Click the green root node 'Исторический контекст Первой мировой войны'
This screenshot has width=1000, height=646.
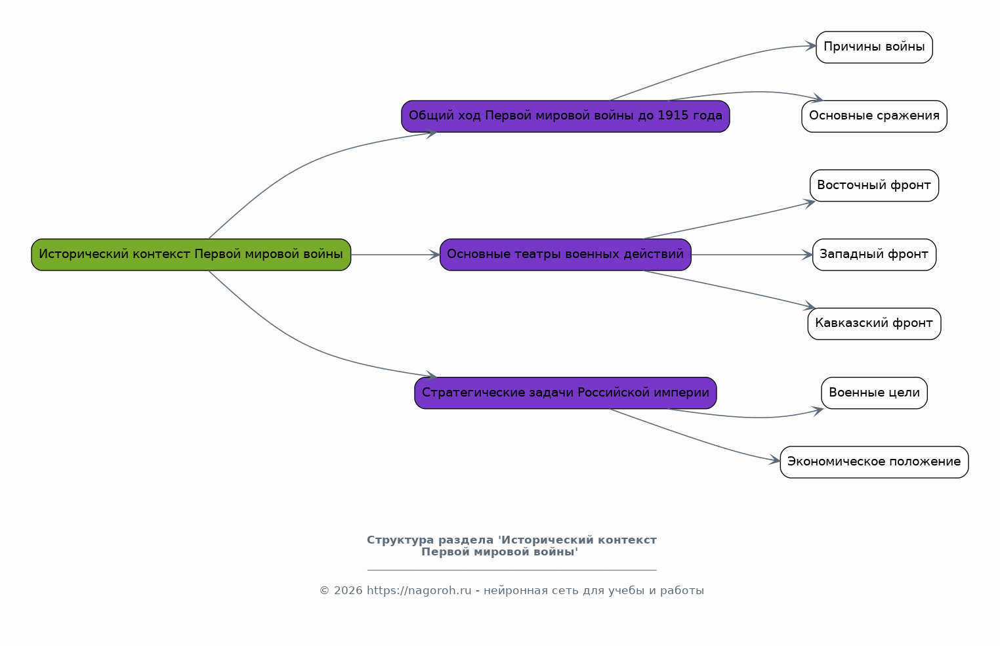pyautogui.click(x=191, y=255)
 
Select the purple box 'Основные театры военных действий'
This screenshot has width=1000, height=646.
pyautogui.click(x=565, y=255)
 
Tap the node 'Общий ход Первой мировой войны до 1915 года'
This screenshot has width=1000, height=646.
pyautogui.click(x=565, y=116)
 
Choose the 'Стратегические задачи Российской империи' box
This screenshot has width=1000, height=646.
pyautogui.click(x=565, y=393)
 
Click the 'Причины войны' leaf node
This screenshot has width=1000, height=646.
pyautogui.click(x=874, y=47)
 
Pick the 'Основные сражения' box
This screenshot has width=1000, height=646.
pyautogui.click(x=874, y=116)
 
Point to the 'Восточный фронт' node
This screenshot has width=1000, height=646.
pyautogui.click(x=874, y=185)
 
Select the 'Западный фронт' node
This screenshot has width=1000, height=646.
pyautogui.click(x=874, y=255)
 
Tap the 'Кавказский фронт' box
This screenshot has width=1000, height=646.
pyautogui.click(x=874, y=324)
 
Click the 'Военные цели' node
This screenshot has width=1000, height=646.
pyautogui.click(x=874, y=393)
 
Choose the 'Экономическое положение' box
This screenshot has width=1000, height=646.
pyautogui.click(x=874, y=462)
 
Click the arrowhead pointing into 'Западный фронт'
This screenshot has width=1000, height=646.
pyautogui.click(x=807, y=255)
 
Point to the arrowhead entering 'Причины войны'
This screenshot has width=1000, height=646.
pyautogui.click(x=811, y=45)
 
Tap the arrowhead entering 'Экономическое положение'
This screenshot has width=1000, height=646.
pyautogui.click(x=775, y=460)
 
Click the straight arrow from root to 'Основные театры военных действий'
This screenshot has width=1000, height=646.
pyautogui.click(x=395, y=255)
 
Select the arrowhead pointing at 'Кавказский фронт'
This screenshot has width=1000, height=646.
pyautogui.click(x=810, y=306)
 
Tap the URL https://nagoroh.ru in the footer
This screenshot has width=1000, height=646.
pyautogui.click(x=419, y=591)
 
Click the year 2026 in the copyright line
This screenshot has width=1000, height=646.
pyautogui.click(x=348, y=591)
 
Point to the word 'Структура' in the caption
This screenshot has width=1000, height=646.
pyautogui.click(x=400, y=540)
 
